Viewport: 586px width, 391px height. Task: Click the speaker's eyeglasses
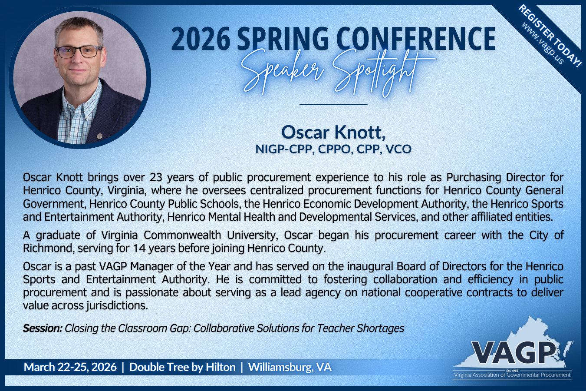coord(79,52)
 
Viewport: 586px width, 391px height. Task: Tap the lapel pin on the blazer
coord(99,136)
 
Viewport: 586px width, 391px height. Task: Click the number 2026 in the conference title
coord(201,39)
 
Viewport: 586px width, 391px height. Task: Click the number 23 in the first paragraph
coord(156,177)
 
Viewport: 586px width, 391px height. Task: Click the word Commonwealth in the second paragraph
coord(182,235)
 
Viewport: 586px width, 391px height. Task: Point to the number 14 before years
coord(139,248)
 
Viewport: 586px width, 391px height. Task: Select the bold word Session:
coord(43,328)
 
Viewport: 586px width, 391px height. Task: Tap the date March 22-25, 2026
coord(70,367)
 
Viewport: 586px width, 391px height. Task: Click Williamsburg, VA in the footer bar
coord(290,367)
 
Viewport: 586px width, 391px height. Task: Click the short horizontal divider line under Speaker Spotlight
coord(333,105)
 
